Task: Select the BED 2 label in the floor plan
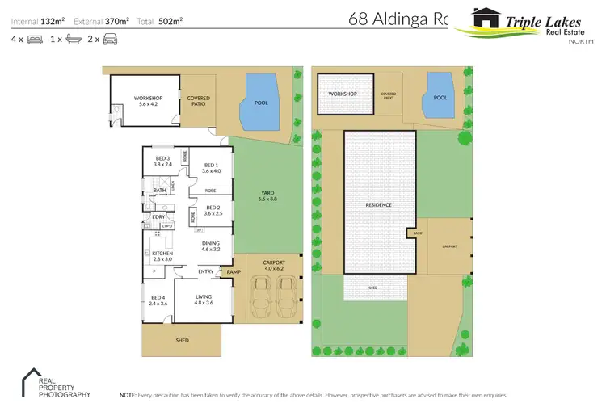coord(213,210)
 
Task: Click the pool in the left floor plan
coord(260,104)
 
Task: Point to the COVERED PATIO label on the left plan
coord(199,101)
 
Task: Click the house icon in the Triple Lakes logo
coord(486,19)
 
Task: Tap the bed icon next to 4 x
coord(34,38)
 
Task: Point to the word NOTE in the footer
coord(128,395)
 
